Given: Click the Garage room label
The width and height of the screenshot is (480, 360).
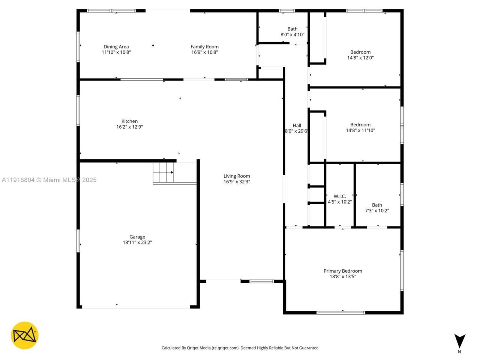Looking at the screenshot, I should (137, 237).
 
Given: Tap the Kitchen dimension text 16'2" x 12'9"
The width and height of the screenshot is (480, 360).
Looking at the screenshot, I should (129, 127).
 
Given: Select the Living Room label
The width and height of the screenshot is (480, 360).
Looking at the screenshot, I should (237, 176).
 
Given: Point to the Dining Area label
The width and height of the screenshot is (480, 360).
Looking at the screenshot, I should (116, 47).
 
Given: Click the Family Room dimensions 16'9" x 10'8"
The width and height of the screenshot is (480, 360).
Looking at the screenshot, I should (204, 52).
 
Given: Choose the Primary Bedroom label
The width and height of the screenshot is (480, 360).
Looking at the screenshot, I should (343, 271).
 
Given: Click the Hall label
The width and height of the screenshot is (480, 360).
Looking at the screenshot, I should (297, 126).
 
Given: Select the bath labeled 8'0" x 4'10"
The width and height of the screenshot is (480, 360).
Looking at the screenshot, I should (292, 31).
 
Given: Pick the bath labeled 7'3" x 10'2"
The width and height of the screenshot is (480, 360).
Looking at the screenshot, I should (377, 208).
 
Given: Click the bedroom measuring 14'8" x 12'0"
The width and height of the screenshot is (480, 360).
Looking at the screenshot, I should (360, 55).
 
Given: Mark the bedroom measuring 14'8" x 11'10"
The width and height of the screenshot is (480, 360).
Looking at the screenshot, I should (360, 127).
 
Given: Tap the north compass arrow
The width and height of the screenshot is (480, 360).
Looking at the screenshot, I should (460, 341).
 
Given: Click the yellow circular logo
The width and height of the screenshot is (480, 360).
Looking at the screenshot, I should (25, 335).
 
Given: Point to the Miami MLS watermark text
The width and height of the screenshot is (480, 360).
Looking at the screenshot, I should (49, 180).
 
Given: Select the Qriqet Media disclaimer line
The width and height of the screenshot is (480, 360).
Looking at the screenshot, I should (240, 348).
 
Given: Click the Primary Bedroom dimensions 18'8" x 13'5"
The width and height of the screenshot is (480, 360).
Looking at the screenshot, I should (343, 277).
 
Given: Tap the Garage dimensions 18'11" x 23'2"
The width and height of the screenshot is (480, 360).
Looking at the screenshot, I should (137, 243).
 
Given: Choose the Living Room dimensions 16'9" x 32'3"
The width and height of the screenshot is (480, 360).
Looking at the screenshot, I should (237, 182).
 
